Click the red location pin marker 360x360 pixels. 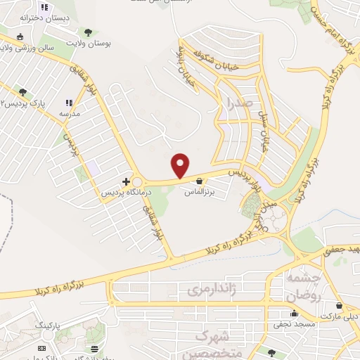(181, 165)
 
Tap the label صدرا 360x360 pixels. (240, 105)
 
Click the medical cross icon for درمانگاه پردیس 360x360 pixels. (126, 181)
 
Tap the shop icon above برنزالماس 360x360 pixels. (199, 180)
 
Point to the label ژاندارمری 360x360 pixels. (208, 289)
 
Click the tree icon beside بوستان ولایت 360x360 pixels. (88, 32)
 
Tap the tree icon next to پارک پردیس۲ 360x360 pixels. (23, 91)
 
